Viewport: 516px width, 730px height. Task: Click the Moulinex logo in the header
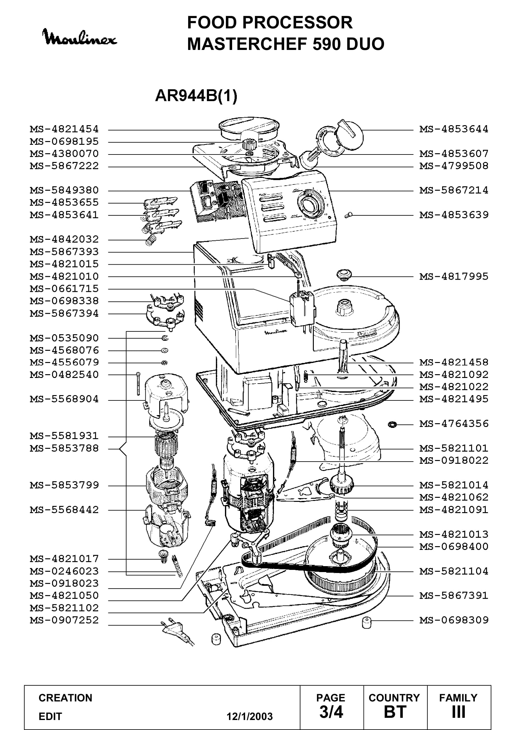click(x=80, y=37)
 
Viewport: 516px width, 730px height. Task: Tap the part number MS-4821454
click(x=65, y=130)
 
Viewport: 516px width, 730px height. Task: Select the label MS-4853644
click(x=454, y=130)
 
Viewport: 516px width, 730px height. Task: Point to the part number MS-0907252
click(x=65, y=620)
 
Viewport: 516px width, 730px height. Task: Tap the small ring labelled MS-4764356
click(x=392, y=424)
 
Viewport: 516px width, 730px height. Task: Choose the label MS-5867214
click(x=454, y=190)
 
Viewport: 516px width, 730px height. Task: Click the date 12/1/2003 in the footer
click(x=250, y=716)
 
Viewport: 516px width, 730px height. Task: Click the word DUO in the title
click(x=365, y=44)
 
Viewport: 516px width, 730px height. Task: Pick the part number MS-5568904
click(x=65, y=399)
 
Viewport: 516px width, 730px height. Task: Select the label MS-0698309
click(x=454, y=620)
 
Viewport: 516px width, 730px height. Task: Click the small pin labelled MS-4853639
click(x=348, y=215)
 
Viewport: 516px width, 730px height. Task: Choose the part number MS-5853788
click(x=65, y=448)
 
